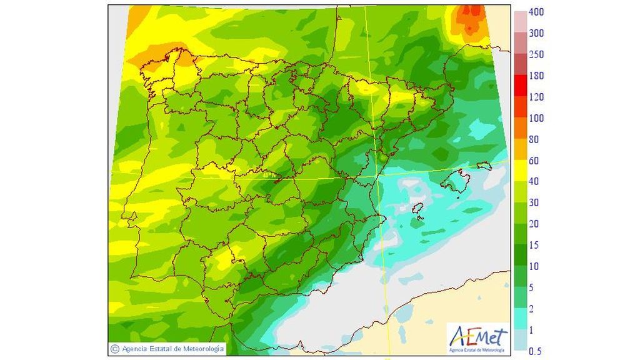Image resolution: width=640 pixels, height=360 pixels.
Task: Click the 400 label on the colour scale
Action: [x=536, y=12]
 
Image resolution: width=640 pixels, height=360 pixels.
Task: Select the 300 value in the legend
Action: [x=536, y=33]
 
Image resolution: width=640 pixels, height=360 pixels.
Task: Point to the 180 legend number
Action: [x=536, y=76]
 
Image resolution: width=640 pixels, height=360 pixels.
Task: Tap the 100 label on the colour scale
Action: [x=536, y=118]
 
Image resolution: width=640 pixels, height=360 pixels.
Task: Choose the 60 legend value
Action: [x=534, y=161]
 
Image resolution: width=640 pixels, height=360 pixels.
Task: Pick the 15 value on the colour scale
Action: [x=534, y=245]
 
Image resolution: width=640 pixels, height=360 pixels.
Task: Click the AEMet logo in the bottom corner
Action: [x=477, y=337]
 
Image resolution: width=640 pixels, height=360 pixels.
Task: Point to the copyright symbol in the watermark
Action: [x=114, y=348]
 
